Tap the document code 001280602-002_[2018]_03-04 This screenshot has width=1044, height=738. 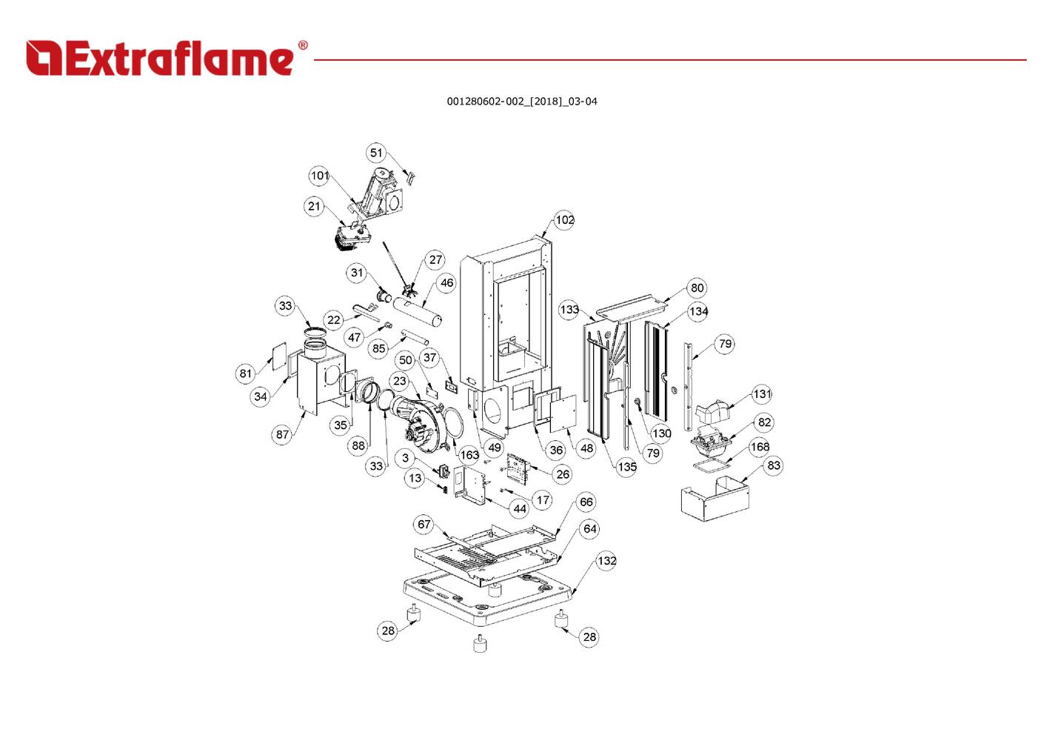coord(521,102)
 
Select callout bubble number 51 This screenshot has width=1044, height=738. coord(377,153)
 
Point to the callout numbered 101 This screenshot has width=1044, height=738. coord(320,176)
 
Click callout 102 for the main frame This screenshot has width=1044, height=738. coord(564,220)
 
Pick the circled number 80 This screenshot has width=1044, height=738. coord(697,288)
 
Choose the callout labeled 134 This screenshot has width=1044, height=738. coord(698,312)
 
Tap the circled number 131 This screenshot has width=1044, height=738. coord(762,394)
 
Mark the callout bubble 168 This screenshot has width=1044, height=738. coord(760,447)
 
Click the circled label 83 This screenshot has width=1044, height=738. coord(774,466)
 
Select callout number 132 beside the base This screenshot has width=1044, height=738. coord(606,561)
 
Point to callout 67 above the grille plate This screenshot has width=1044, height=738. coord(424,525)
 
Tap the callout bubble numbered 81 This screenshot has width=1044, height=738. coord(246,374)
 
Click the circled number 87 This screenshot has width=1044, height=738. coord(283,435)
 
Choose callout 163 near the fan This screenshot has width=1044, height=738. coord(469,455)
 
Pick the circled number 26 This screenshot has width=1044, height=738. coord(563,474)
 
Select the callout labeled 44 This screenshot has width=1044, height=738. coord(520,508)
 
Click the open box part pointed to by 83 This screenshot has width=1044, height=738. coord(715,498)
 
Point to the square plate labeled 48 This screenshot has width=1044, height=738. coord(563,412)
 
